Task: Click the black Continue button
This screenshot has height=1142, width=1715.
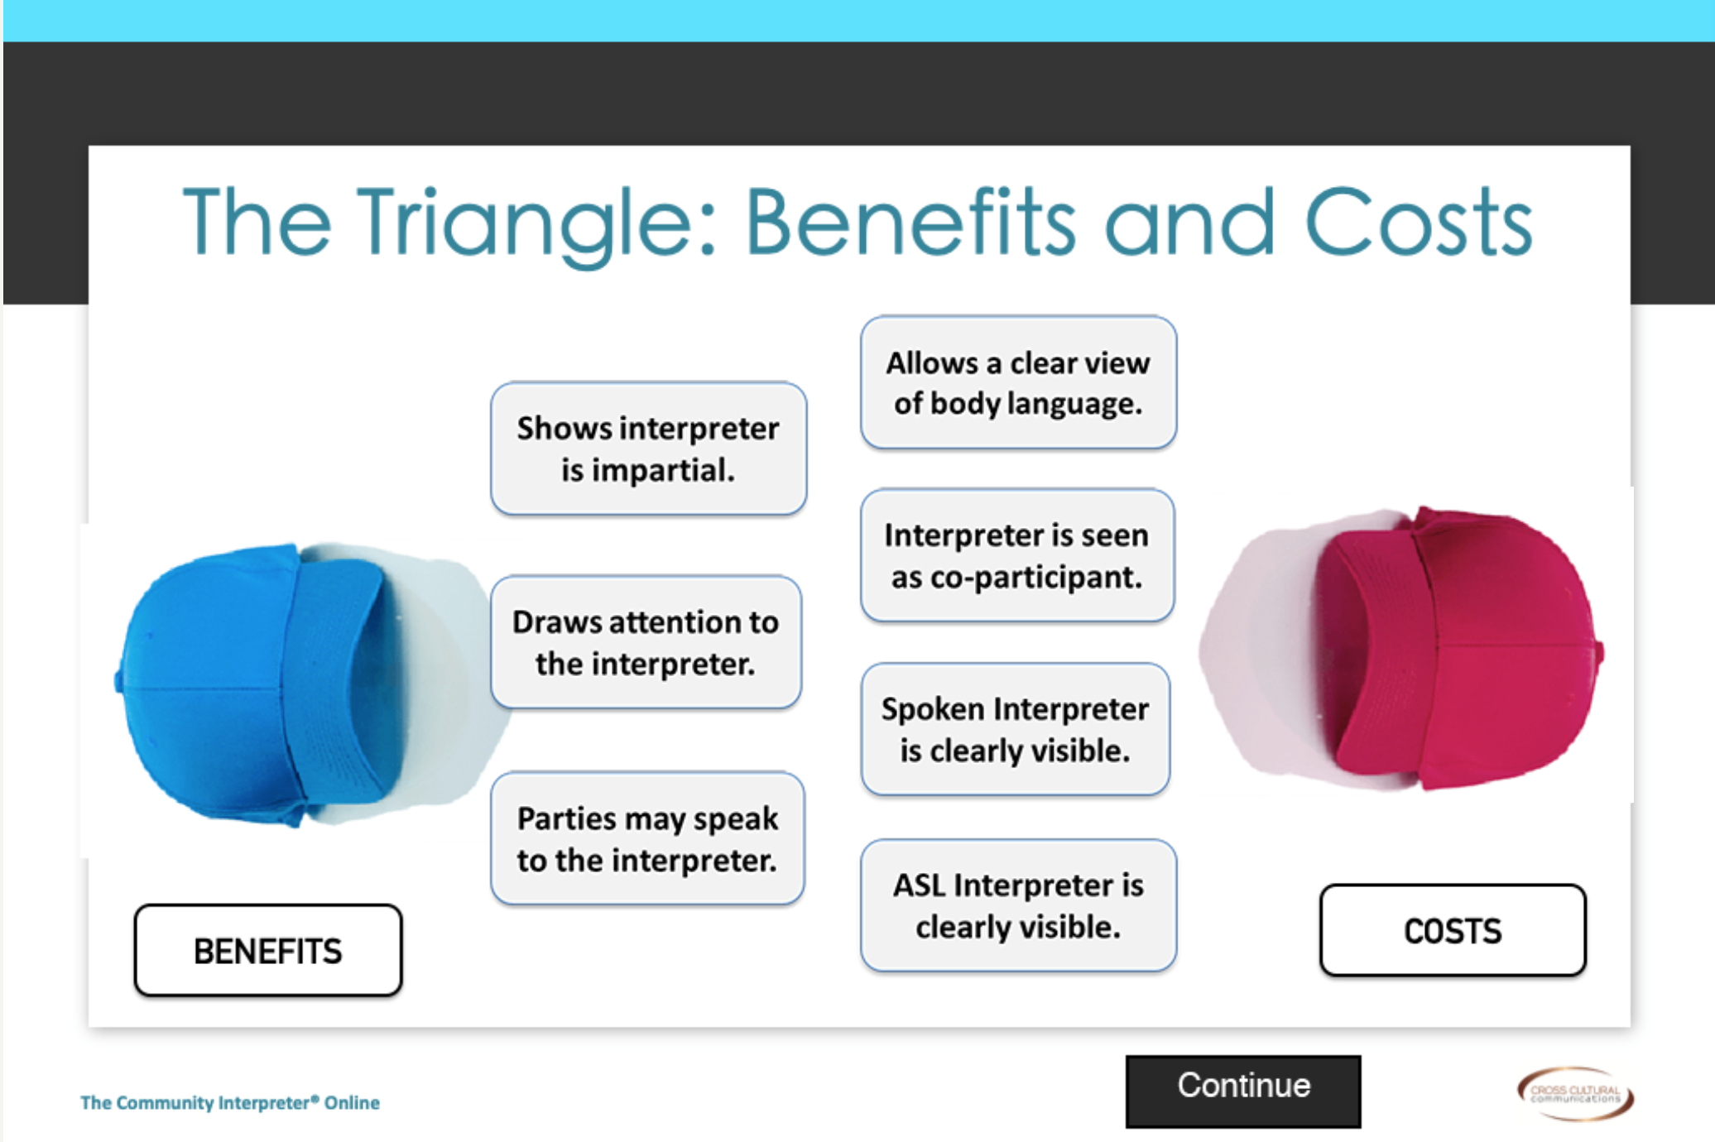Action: click(1242, 1091)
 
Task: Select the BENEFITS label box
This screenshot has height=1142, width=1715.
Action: click(268, 950)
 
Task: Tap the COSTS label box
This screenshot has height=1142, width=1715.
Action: click(1453, 930)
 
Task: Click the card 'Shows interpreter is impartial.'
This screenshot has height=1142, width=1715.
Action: click(648, 449)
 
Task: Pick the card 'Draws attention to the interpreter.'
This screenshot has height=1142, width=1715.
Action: click(646, 642)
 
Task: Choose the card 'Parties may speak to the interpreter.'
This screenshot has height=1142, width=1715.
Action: click(647, 838)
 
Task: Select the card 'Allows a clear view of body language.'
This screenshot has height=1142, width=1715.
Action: click(1018, 382)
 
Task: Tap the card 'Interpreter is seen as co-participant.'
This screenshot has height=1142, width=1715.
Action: click(1017, 555)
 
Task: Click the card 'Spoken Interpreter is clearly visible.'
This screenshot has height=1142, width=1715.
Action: click(1016, 729)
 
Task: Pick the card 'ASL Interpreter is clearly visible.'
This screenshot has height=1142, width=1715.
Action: click(1018, 905)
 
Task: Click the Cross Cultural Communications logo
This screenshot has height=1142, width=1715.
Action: click(1575, 1093)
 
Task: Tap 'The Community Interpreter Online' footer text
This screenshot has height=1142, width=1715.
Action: click(230, 1102)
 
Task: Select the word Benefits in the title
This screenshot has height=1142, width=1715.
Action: click(910, 221)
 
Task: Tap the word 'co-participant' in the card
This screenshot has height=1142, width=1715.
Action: click(1035, 578)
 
